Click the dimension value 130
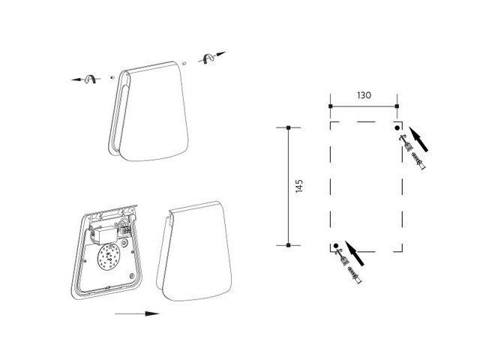(x=364, y=95)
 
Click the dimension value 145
(x=299, y=186)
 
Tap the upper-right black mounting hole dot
(x=397, y=128)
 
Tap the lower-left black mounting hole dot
(x=336, y=245)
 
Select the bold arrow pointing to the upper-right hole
(x=418, y=139)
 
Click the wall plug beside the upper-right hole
(x=418, y=161)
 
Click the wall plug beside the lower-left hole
(x=355, y=275)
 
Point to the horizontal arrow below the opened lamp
(x=137, y=313)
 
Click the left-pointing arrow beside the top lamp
(x=86, y=79)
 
